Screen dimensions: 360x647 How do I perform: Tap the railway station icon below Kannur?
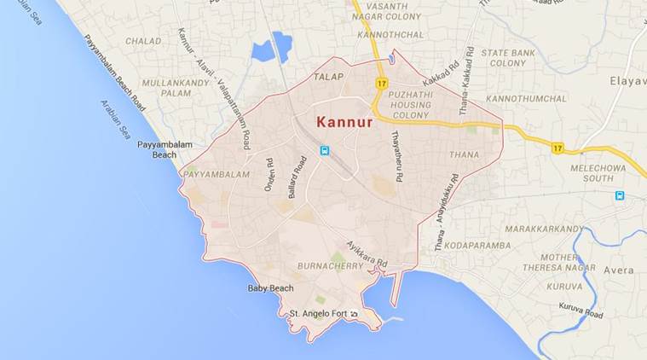click(x=325, y=151)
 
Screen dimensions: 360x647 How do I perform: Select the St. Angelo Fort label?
click(x=320, y=314)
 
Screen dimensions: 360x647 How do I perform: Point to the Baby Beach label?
click(x=270, y=288)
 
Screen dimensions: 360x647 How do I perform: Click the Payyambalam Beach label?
click(x=158, y=149)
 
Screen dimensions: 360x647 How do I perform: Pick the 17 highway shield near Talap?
click(x=381, y=83)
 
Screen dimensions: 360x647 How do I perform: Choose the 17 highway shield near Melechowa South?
click(x=557, y=148)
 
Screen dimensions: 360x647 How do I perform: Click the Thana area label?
click(x=464, y=154)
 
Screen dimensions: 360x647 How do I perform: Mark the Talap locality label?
click(x=327, y=77)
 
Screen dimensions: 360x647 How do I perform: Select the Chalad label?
click(x=142, y=40)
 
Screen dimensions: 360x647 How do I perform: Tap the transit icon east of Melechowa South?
click(x=620, y=195)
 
